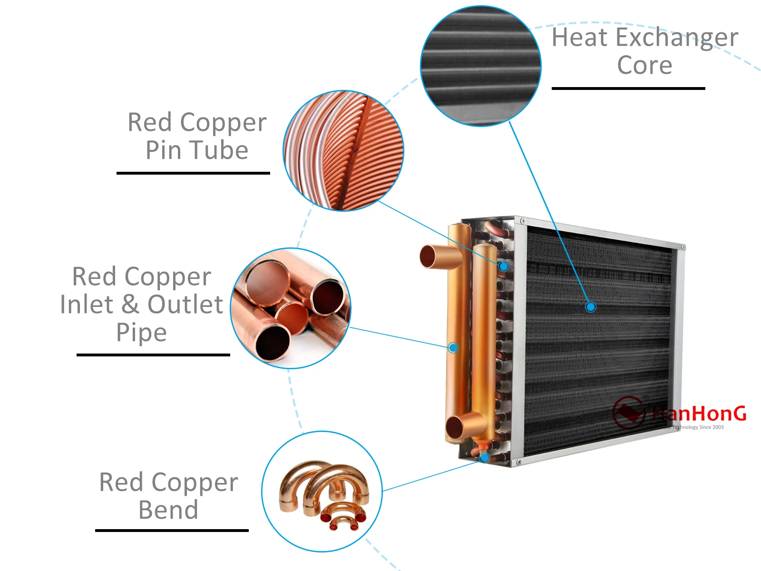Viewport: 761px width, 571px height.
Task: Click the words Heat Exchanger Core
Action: pyautogui.click(x=644, y=51)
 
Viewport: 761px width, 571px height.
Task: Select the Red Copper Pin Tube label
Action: pyautogui.click(x=197, y=136)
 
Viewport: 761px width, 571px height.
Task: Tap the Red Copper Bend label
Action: pyautogui.click(x=168, y=496)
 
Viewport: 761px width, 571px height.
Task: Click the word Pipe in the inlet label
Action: pyautogui.click(x=141, y=332)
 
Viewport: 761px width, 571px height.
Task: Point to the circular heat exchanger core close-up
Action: pyautogui.click(x=481, y=66)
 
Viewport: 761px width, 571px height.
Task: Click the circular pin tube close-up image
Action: pyautogui.click(x=343, y=150)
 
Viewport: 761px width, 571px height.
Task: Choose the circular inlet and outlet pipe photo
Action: pyautogui.click(x=291, y=308)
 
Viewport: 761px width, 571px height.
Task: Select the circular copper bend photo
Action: pyautogui.click(x=322, y=492)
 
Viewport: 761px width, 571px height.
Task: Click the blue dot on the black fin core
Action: pyautogui.click(x=590, y=307)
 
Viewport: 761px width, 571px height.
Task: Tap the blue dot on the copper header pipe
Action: pyautogui.click(x=453, y=348)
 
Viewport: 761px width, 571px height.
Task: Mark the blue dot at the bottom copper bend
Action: pyautogui.click(x=484, y=458)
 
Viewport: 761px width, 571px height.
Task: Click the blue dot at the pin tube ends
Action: pyautogui.click(x=503, y=266)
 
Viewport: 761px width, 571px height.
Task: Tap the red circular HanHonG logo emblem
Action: pyautogui.click(x=628, y=412)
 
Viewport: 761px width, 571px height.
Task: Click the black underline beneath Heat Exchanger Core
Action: pyautogui.click(x=628, y=89)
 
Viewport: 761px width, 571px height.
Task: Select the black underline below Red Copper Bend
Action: pyautogui.click(x=172, y=530)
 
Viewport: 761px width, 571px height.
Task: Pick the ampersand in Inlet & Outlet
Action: pyautogui.click(x=130, y=305)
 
